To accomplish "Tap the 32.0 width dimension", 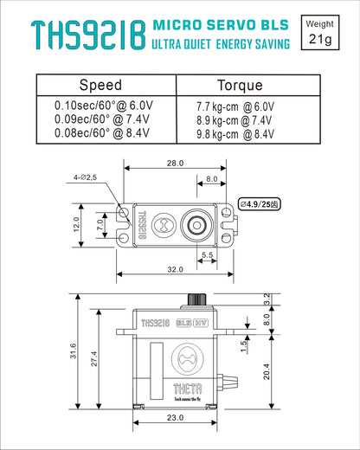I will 177,269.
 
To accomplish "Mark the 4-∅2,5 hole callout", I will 86,177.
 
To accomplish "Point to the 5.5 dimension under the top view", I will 208,254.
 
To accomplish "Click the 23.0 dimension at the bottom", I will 177,418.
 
